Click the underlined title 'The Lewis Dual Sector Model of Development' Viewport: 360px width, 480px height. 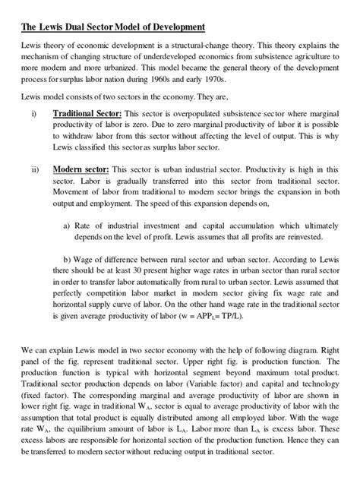coord(112,27)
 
